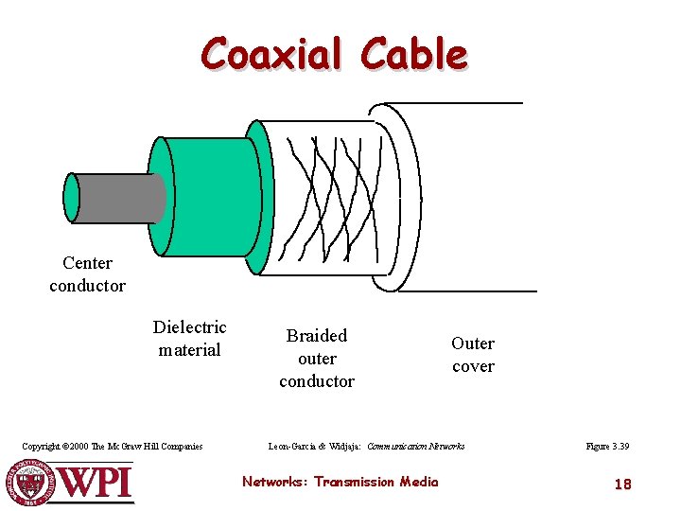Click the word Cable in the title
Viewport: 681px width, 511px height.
pyautogui.click(x=414, y=54)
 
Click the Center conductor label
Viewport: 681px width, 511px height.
pyautogui.click(x=87, y=274)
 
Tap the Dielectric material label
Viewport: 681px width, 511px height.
pyautogui.click(x=189, y=339)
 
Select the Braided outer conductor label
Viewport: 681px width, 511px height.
pyautogui.click(x=317, y=359)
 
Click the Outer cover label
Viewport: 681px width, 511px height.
pyautogui.click(x=473, y=355)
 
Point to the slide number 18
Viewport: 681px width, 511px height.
pyautogui.click(x=622, y=485)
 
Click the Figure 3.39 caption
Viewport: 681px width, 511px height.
pyautogui.click(x=607, y=447)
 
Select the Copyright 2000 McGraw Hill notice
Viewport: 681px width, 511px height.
pyautogui.click(x=113, y=447)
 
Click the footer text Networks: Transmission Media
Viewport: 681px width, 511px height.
pyautogui.click(x=340, y=482)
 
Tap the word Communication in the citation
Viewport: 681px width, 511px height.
pyautogui.click(x=397, y=447)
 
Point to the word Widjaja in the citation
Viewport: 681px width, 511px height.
pyautogui.click(x=345, y=447)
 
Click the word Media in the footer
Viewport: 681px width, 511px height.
pyautogui.click(x=418, y=482)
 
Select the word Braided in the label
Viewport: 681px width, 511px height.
pyautogui.click(x=317, y=336)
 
